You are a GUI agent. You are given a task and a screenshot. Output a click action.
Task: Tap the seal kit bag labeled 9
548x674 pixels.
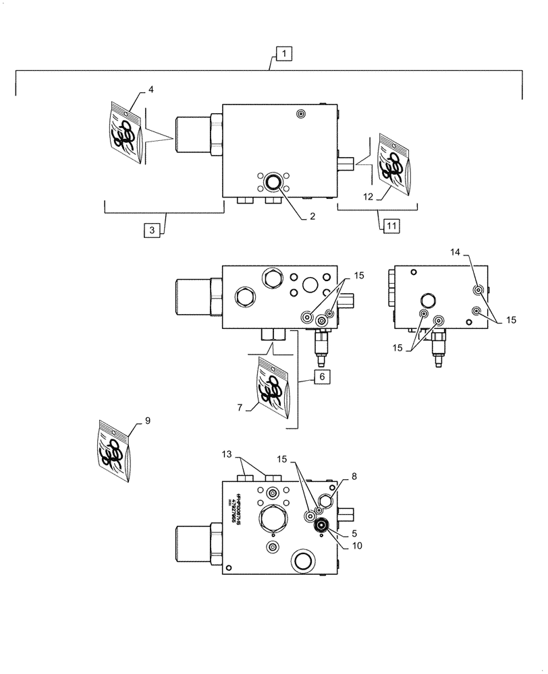(x=112, y=451)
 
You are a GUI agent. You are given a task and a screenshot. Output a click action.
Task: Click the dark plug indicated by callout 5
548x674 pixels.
(x=322, y=527)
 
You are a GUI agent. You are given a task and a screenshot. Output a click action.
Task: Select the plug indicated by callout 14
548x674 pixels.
(x=478, y=290)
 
